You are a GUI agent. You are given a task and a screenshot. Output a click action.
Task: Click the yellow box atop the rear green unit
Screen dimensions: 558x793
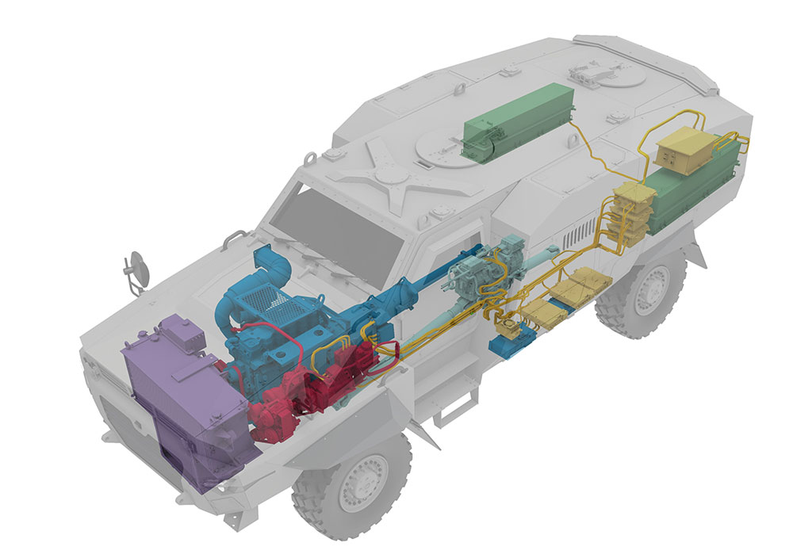[685, 155]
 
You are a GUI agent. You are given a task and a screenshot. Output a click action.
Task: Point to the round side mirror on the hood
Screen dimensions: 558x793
[138, 267]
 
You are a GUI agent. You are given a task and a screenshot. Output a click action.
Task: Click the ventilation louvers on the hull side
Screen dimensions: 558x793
[583, 233]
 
